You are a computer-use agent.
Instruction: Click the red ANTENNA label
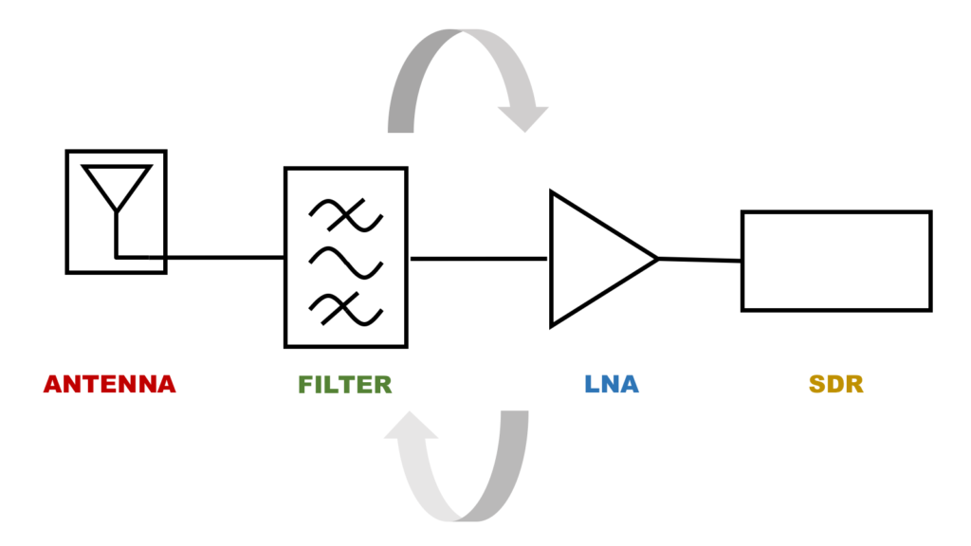click(110, 385)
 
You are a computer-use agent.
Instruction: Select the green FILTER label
click(344, 385)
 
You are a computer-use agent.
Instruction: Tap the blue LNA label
click(611, 385)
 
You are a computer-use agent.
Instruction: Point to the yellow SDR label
click(836, 385)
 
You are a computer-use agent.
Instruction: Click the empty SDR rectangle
click(835, 261)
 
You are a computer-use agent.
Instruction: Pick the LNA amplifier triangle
click(593, 259)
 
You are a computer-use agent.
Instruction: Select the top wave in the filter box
click(345, 216)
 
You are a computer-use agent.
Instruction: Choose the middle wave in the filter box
click(345, 260)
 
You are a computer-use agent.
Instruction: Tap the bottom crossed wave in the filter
click(345, 309)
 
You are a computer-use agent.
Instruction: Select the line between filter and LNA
click(478, 258)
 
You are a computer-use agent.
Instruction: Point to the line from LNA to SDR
click(700, 260)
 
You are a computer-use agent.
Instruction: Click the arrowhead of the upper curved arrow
click(523, 118)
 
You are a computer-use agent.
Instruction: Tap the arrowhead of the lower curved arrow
click(411, 428)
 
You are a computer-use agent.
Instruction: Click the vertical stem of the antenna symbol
click(116, 232)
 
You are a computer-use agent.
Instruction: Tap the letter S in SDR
click(817, 385)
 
